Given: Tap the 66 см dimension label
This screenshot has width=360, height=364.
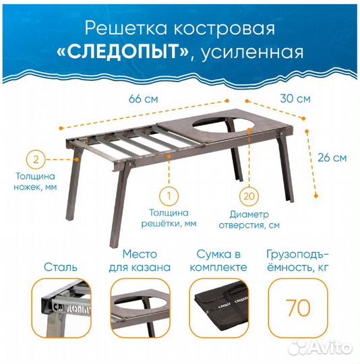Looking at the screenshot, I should (x=144, y=98).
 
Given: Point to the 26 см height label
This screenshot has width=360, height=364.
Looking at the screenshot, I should (x=332, y=159).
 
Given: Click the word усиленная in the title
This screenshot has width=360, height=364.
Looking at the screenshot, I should (x=249, y=53).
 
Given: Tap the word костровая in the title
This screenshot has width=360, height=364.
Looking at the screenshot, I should (x=222, y=28).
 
